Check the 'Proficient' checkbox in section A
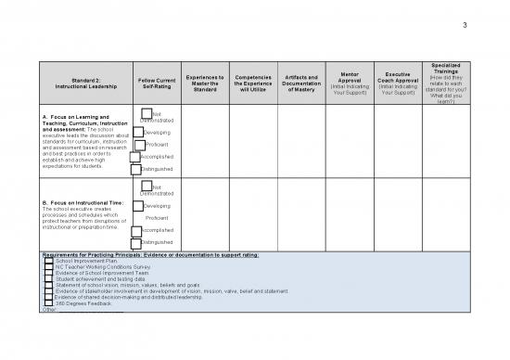point(138,145)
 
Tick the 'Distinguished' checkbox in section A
point(138,170)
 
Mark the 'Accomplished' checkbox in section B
point(138,229)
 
